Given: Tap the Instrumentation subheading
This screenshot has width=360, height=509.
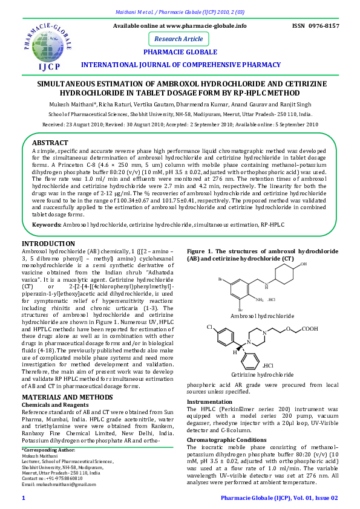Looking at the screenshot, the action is click(209, 401).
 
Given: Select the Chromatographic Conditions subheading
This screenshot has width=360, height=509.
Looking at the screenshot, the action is click(226, 440).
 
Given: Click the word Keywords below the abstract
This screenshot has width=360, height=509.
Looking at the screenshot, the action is click(47, 225).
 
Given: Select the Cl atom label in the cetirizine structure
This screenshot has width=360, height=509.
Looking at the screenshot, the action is click(210, 327).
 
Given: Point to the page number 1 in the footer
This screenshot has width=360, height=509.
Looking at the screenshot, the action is click(23, 497).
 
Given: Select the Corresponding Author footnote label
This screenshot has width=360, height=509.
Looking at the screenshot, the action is click(48, 450).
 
